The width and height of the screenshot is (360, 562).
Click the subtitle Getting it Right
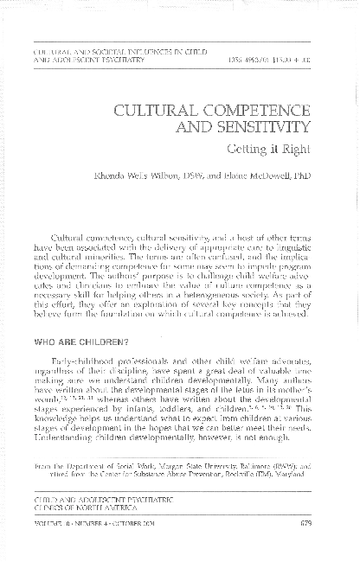(282, 150)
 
